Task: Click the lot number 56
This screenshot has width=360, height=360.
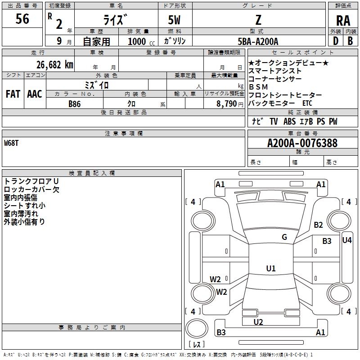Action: coord(22,19)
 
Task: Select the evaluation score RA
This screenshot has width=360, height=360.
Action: coord(343,20)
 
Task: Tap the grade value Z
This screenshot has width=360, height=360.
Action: coord(258,20)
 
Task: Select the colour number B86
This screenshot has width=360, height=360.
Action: coord(75,104)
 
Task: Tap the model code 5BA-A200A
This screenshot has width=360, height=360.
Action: coord(258,41)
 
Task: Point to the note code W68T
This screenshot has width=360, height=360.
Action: coord(12,143)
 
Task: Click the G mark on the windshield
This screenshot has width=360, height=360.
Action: coord(284,237)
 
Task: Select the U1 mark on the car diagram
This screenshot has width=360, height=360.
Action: coord(270,268)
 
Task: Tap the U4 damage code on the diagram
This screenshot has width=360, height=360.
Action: coord(346,240)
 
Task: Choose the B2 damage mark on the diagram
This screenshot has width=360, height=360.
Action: coord(319,225)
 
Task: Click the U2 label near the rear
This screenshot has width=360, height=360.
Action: coord(258,322)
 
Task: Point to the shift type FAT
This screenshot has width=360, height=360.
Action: coord(13,94)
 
